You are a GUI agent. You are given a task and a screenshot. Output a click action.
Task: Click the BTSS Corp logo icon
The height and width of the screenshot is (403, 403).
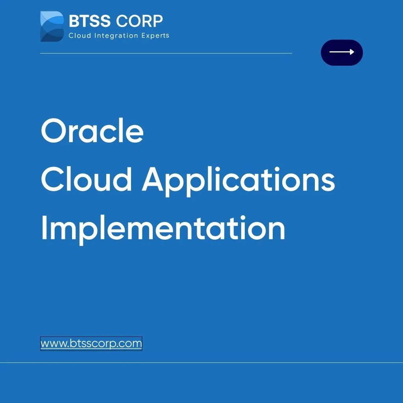pos(52,26)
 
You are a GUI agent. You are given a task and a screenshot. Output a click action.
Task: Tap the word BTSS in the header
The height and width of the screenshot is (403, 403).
pos(89,21)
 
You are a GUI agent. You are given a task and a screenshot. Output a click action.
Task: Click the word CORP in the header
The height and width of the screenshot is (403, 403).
pos(139,21)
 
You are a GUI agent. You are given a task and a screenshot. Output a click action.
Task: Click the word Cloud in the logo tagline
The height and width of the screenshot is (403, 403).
pos(80,36)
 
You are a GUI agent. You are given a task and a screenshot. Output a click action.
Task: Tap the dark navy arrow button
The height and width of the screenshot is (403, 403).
pos(342,52)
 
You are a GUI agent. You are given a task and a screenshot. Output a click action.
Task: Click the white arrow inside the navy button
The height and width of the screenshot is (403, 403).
pos(342,52)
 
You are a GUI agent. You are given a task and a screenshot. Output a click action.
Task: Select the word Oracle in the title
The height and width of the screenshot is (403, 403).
pos(92,131)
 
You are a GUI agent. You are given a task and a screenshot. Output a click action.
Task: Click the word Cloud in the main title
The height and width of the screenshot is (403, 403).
pos(86,180)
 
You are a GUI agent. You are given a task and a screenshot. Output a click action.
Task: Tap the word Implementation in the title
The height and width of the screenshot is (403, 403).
pos(163,229)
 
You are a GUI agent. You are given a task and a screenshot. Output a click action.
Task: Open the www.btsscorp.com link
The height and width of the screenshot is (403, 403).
pos(91,344)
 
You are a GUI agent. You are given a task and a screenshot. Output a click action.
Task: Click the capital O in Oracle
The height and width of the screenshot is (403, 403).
pos(54,131)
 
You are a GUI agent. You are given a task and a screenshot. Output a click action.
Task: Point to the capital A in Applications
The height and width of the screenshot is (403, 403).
pos(155,180)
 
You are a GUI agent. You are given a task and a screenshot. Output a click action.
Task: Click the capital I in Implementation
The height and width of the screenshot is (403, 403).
pos(44,228)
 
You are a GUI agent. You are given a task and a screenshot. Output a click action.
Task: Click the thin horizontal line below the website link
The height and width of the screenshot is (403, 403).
pos(201,362)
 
